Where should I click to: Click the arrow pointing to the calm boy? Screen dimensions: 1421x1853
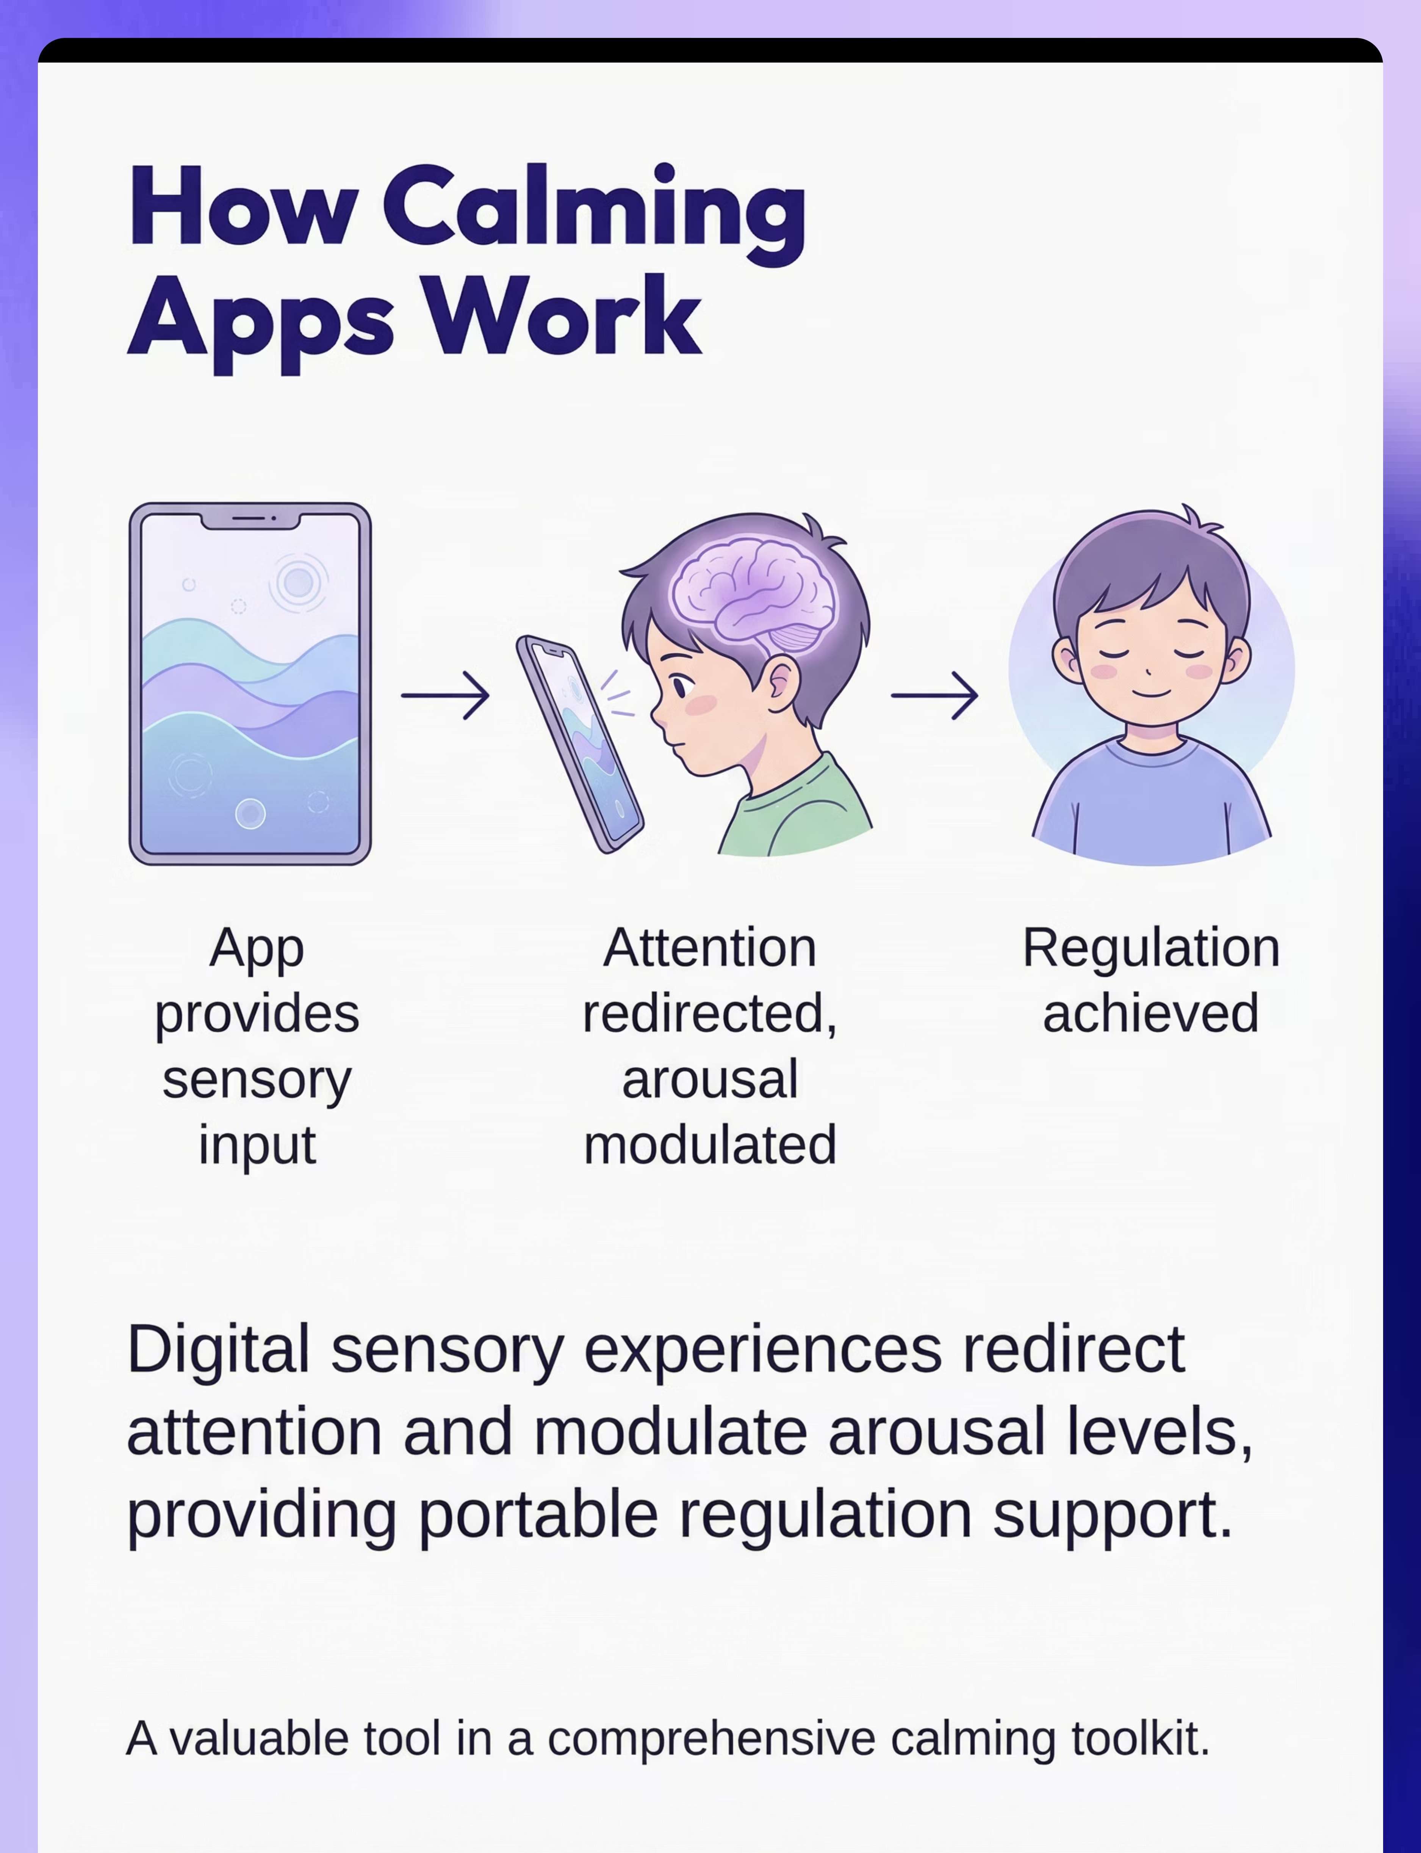click(935, 695)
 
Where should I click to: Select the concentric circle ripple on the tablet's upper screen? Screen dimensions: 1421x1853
click(298, 582)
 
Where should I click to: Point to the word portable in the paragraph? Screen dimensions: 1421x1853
click(538, 1516)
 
